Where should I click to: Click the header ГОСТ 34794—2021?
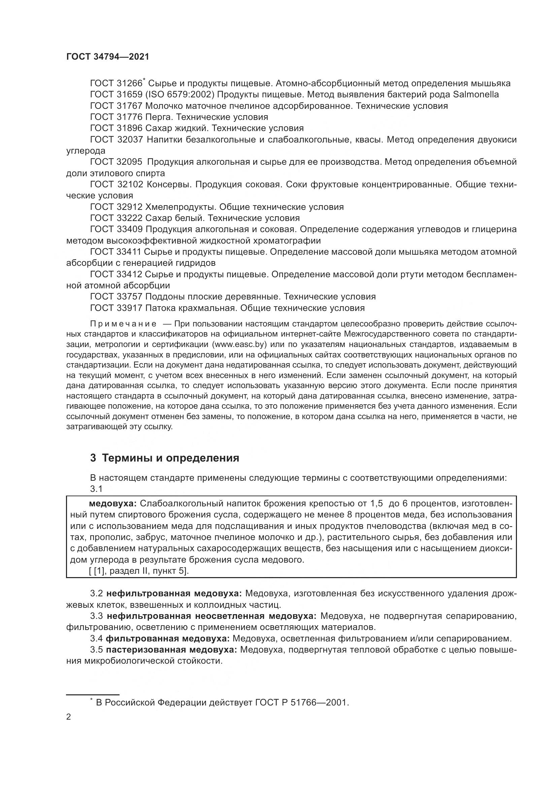pos(108,57)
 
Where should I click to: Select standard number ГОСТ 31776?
pos(116,117)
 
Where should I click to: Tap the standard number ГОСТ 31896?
pos(116,128)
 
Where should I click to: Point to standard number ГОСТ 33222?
pos(116,218)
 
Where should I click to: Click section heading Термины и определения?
pos(170,458)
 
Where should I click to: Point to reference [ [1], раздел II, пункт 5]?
pos(139,571)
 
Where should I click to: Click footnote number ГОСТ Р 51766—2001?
pos(302,702)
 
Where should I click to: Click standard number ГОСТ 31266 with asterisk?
pos(118,83)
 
